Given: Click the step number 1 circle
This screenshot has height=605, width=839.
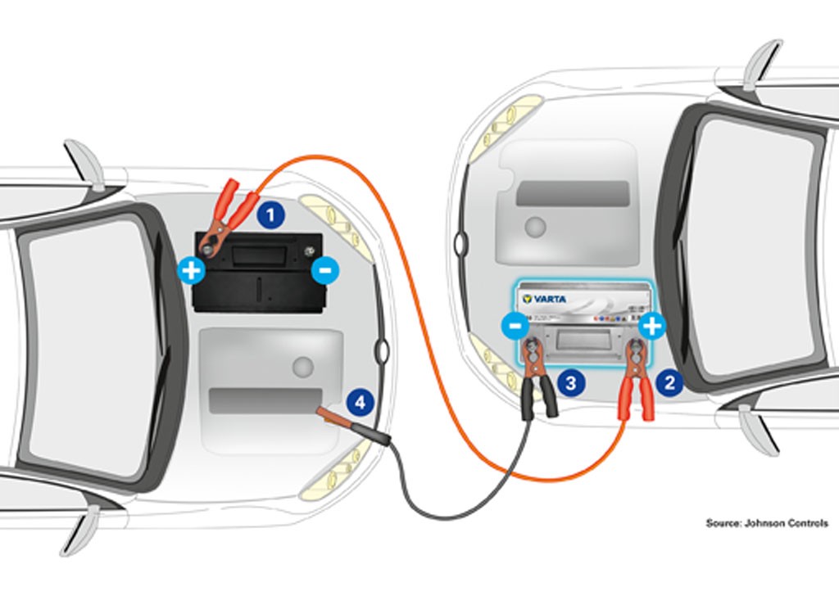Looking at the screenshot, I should [270, 216].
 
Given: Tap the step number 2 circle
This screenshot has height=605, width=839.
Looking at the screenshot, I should [670, 382].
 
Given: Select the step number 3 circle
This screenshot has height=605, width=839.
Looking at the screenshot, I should [571, 382].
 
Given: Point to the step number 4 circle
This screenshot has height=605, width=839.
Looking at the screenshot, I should [361, 402].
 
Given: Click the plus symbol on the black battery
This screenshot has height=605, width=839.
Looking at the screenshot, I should [191, 269].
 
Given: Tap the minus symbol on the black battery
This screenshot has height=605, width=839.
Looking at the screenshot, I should [325, 269].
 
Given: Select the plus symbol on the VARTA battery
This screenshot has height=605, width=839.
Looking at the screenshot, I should [651, 327].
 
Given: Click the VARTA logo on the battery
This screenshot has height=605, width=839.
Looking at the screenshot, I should [544, 299].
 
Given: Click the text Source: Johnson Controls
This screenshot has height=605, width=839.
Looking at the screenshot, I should [767, 522].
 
